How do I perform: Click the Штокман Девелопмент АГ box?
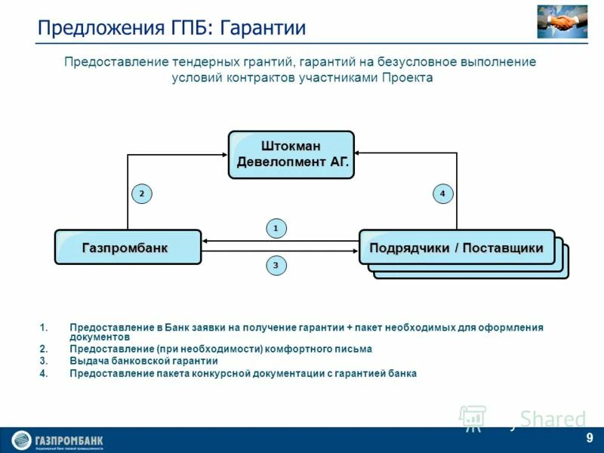coord(291,154)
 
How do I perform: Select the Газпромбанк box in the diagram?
coord(128,247)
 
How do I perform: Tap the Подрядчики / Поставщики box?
coord(456,248)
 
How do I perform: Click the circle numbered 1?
coord(276,227)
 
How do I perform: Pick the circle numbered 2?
coord(141,194)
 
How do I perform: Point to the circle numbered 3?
coord(276,265)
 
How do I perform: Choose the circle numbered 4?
coord(442,194)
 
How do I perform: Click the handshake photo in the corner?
coord(562,22)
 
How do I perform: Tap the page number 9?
coord(589,439)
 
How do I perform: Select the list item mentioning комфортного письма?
coord(220,349)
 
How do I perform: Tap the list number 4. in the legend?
coord(44,373)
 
